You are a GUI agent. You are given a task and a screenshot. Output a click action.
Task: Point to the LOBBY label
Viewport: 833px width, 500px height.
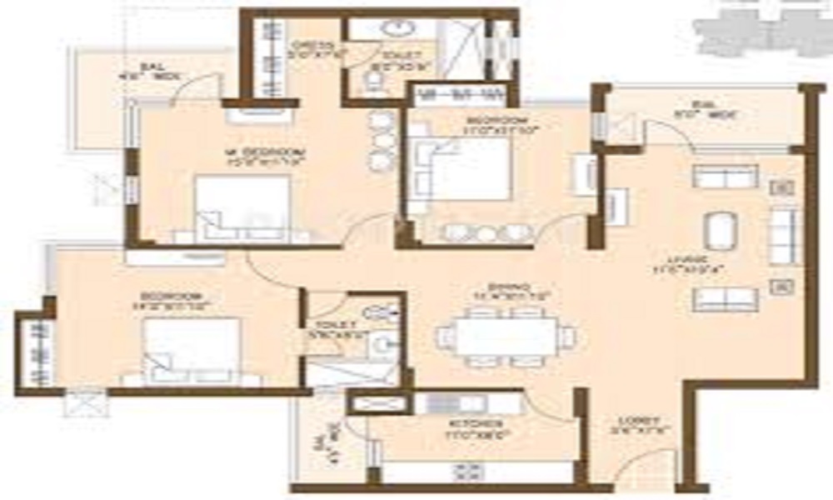point(641,421)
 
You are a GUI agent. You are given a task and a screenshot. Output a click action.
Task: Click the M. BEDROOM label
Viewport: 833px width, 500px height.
point(265,152)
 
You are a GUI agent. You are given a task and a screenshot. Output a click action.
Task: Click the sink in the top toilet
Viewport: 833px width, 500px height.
point(395,28)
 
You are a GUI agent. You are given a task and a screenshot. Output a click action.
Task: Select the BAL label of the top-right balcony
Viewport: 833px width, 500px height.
point(705,106)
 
